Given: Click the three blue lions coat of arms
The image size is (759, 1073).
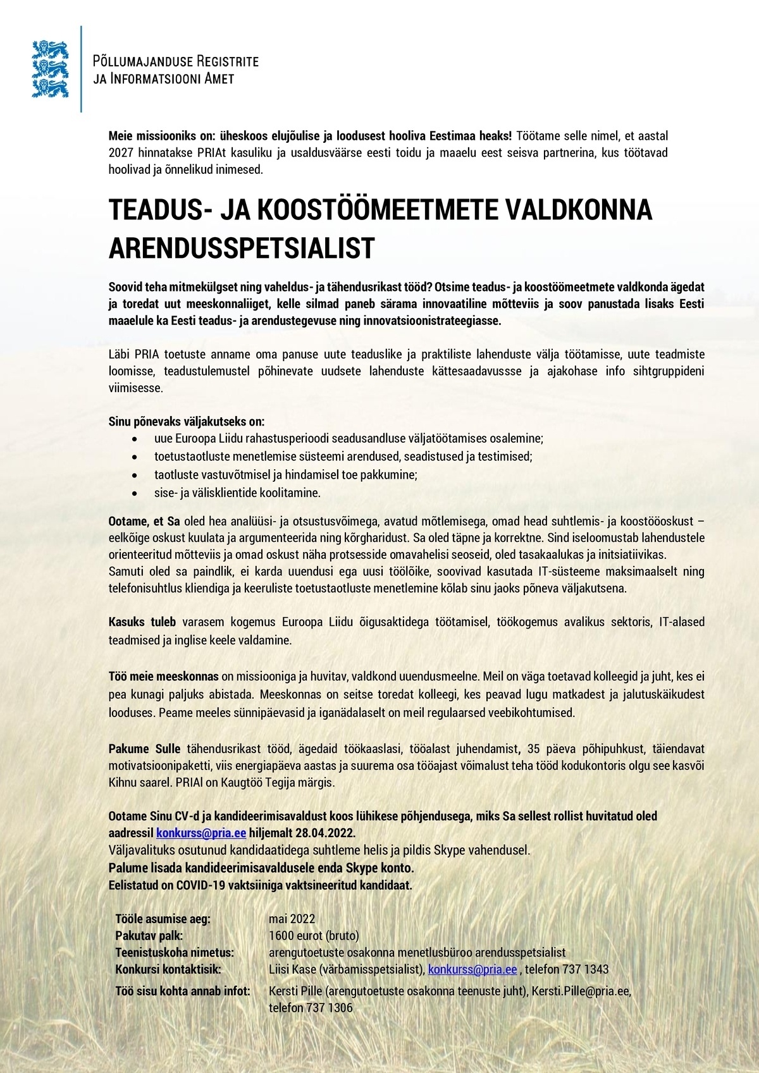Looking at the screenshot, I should click(x=49, y=68).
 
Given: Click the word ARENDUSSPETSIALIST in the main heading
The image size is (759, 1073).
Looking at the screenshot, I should click(x=242, y=248).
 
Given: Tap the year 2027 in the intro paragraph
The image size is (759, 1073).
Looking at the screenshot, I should click(x=118, y=153).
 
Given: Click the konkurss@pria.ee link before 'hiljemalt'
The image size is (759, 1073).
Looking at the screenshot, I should click(x=201, y=833).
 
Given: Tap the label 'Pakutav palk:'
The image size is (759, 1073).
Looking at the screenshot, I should click(x=149, y=936).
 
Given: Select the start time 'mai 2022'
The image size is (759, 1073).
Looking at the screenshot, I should click(x=292, y=919).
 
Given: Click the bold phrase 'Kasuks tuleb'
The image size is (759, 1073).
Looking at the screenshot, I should click(x=142, y=622).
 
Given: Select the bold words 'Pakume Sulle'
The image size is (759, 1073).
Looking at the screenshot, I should click(x=145, y=749).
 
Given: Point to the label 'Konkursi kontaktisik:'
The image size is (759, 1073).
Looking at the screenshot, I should click(x=168, y=969).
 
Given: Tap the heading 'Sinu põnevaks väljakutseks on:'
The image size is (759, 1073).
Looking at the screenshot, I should click(x=187, y=421).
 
